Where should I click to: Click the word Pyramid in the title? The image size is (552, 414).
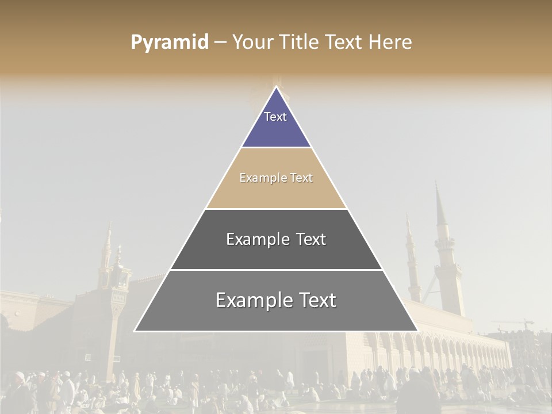click(x=170, y=42)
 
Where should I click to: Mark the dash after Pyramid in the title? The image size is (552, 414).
click(x=220, y=43)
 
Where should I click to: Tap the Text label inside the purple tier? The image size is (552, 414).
click(x=275, y=117)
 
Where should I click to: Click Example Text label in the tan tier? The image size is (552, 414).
click(x=276, y=178)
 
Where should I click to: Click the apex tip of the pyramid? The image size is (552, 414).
click(x=277, y=87)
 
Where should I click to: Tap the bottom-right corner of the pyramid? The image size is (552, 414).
click(x=417, y=331)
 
